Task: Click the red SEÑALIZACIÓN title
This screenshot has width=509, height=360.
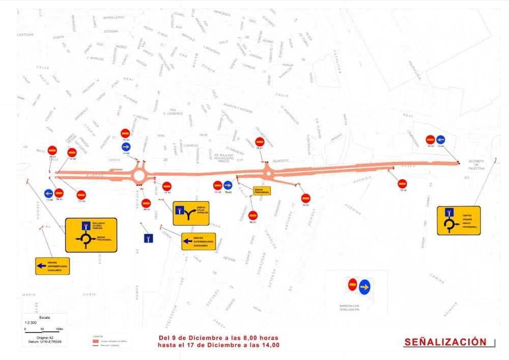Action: point(445,342)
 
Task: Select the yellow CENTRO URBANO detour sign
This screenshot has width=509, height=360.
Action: point(459,220)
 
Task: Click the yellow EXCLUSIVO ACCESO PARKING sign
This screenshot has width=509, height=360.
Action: point(91,235)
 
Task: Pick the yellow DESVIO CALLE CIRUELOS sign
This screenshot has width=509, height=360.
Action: point(190,213)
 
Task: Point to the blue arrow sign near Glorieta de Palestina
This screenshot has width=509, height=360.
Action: point(441,139)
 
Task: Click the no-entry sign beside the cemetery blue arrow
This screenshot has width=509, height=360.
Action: point(430,139)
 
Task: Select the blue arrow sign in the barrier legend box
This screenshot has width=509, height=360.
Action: point(364,287)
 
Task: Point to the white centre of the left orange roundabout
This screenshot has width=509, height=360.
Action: point(139,176)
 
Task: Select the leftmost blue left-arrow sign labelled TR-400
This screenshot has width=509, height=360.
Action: point(48,193)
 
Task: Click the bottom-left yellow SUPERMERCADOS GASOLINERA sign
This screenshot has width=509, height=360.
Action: point(52,265)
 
